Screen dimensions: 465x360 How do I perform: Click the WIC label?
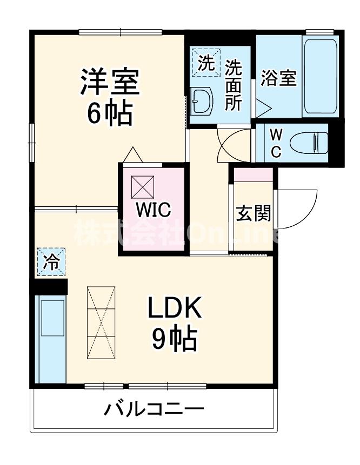pos(153,209)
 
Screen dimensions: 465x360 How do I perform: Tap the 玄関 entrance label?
pos(253,214)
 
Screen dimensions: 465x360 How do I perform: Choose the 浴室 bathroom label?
pos(278,79)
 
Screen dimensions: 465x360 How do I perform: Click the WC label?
pos(275,143)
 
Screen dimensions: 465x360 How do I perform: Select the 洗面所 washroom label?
pos(233,85)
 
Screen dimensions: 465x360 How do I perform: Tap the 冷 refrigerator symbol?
pos(51,262)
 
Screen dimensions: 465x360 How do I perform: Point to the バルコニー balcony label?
pos(154,409)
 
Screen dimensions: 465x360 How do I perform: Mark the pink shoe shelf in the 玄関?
pos(252,175)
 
